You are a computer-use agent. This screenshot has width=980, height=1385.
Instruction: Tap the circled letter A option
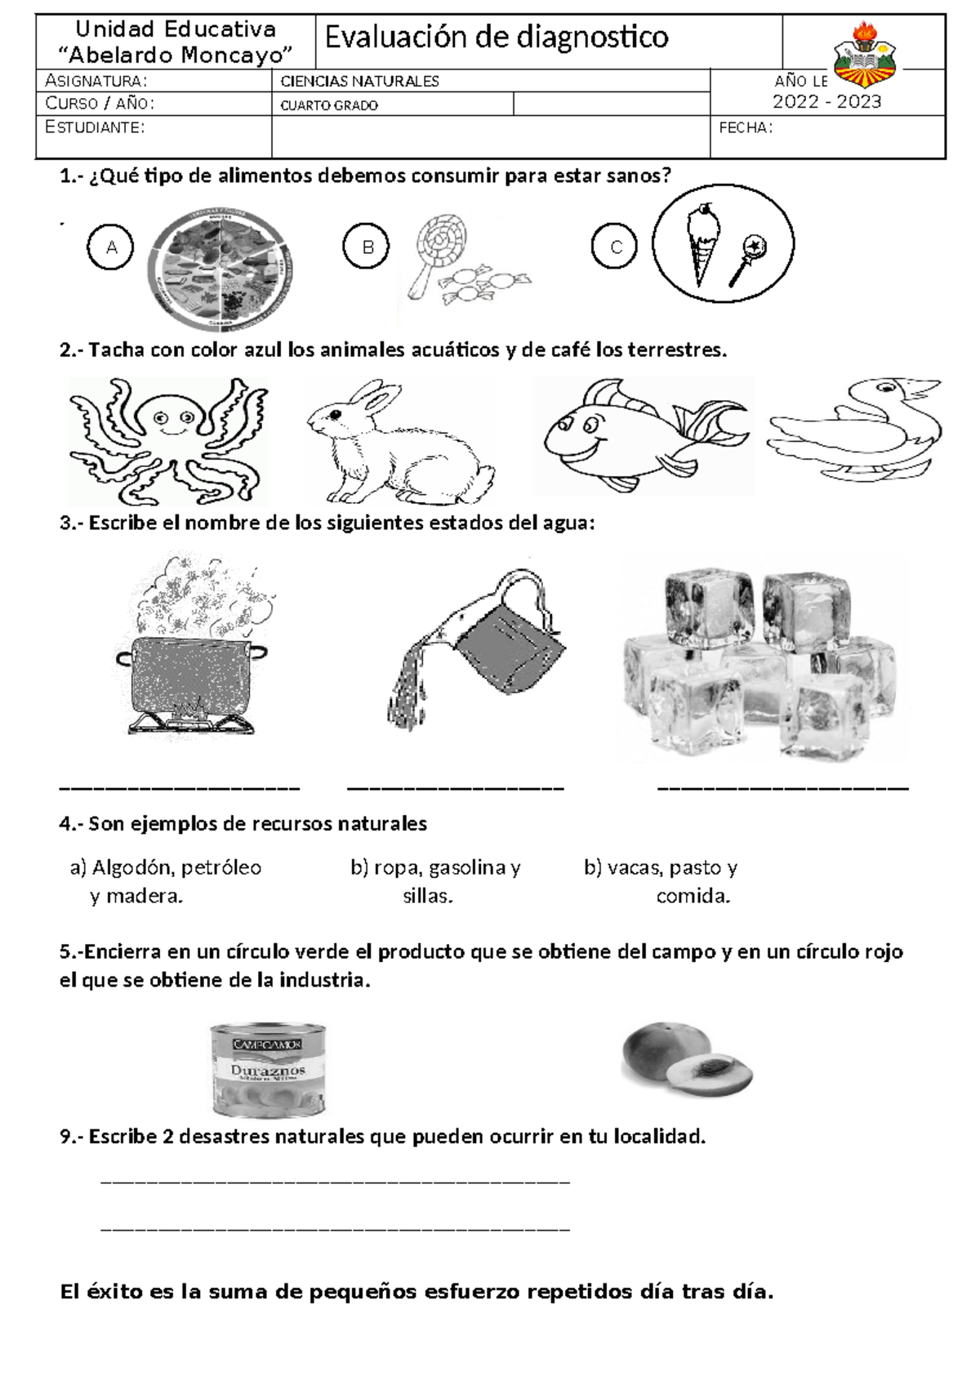(x=112, y=247)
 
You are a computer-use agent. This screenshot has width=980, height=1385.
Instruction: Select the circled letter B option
(x=367, y=247)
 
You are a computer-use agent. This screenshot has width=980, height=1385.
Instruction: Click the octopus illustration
(x=167, y=439)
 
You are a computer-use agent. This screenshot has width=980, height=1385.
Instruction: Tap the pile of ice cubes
(x=759, y=661)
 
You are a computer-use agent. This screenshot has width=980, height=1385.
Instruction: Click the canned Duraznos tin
(x=269, y=1069)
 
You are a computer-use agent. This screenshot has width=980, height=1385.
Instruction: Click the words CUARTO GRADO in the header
(x=329, y=105)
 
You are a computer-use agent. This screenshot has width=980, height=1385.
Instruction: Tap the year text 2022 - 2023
(x=826, y=101)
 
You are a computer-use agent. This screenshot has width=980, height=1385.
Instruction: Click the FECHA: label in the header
(x=745, y=128)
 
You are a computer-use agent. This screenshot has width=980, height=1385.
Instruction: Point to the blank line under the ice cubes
(x=782, y=788)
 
